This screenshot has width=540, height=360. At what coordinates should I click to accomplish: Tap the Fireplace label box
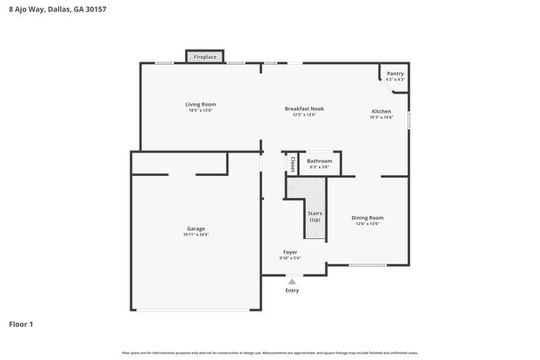click(204, 57)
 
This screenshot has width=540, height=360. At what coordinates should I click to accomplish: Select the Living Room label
click(200, 104)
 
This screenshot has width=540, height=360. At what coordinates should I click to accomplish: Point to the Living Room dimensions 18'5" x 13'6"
click(200, 111)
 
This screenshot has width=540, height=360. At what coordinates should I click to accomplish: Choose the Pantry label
click(395, 73)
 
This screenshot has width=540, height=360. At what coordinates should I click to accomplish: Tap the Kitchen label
click(382, 111)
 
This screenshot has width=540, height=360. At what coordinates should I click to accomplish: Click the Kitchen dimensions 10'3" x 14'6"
click(382, 118)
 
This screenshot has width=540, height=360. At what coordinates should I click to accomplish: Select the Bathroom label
click(319, 160)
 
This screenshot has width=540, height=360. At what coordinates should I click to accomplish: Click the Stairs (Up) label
click(315, 217)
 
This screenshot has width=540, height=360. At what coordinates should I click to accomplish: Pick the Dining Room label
click(366, 217)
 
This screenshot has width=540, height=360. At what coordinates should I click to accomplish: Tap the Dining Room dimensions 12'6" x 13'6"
click(366, 224)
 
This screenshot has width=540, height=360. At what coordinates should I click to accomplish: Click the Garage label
click(196, 228)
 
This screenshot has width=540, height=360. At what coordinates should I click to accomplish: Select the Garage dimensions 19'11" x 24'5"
click(196, 235)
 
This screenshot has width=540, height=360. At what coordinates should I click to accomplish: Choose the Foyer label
click(290, 252)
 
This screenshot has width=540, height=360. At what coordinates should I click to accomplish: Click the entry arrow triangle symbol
click(292, 282)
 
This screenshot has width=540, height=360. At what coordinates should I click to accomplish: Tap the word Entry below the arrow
click(292, 291)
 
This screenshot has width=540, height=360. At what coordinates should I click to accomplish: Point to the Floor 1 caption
click(21, 324)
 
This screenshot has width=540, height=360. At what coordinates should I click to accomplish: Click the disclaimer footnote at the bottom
click(269, 352)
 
